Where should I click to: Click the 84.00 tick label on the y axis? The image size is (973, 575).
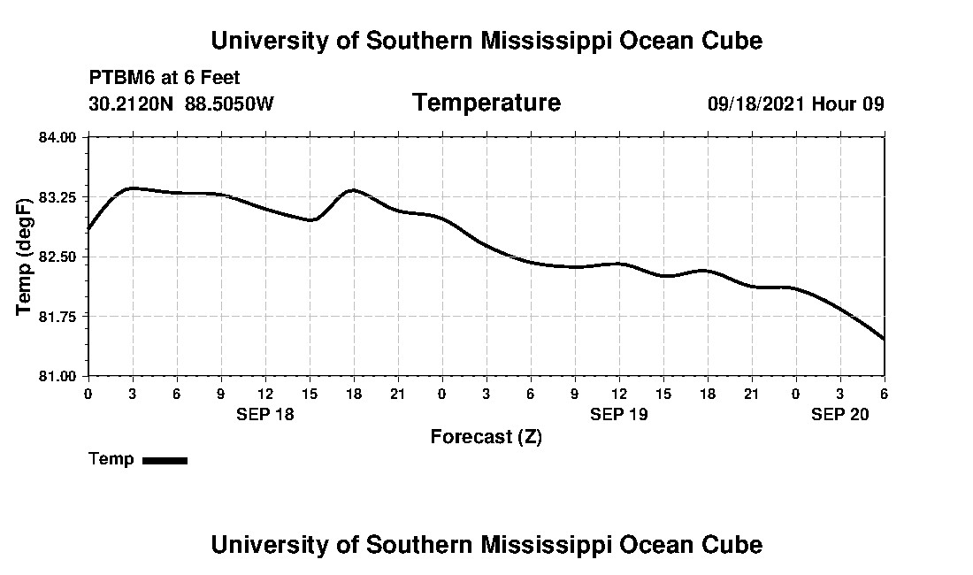(57, 137)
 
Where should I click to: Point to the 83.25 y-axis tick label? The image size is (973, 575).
(57, 196)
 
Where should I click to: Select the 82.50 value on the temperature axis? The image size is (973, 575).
(57, 257)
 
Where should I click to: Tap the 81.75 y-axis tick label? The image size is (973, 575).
(57, 316)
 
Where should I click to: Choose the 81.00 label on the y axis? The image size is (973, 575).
(57, 376)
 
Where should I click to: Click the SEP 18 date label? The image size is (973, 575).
(265, 414)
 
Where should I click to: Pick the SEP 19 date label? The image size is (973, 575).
(619, 414)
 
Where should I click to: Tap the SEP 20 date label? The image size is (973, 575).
(840, 414)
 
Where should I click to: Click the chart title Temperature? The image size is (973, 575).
(486, 103)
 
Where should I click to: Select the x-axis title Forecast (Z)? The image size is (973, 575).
(486, 437)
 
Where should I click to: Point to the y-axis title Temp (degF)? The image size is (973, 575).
(25, 257)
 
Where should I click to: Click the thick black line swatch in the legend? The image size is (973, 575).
(165, 460)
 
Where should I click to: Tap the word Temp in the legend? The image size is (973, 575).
(111, 459)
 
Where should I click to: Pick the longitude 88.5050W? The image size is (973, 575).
(230, 103)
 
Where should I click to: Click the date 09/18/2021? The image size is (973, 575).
(756, 103)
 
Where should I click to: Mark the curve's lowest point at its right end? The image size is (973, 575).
(884, 339)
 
